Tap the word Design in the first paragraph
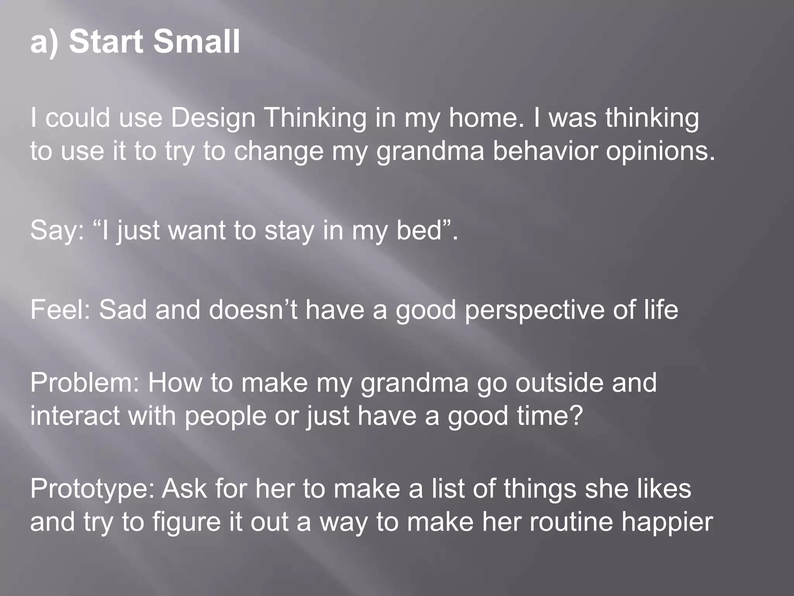click(213, 118)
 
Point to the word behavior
click(545, 151)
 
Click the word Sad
click(123, 310)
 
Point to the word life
click(661, 310)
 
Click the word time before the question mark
click(542, 416)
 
